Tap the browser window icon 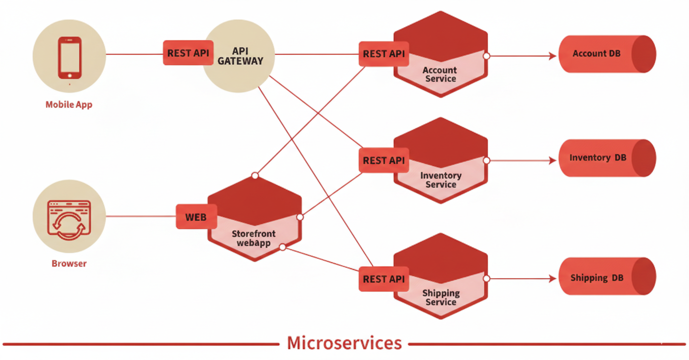coord(69,219)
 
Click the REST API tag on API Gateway coord(188,53)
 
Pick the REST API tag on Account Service coord(384,54)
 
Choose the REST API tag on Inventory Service coord(384,160)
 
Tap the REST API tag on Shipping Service coord(384,279)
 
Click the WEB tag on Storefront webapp coord(196,217)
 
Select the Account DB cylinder coord(607,54)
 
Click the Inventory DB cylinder coord(607,158)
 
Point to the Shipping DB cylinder coord(607,277)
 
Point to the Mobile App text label coord(69,104)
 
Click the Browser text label coord(69,264)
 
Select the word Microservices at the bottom coord(344,343)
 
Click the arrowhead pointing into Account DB coord(553,56)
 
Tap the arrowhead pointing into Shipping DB coord(553,278)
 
